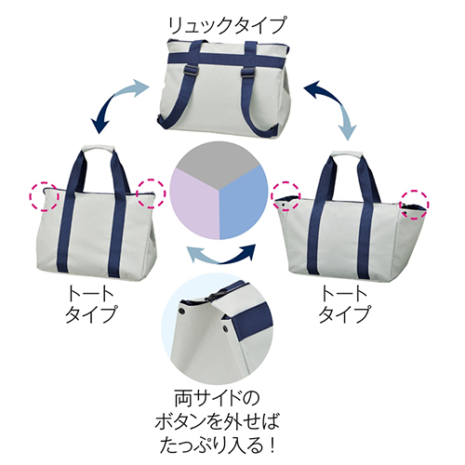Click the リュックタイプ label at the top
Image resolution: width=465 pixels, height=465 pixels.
pos(226,25)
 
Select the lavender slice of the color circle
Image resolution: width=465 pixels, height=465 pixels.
pos(195,207)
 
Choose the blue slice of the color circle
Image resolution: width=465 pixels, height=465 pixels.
pos(244,207)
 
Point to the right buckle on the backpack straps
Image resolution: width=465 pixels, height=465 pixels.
pos(247,73)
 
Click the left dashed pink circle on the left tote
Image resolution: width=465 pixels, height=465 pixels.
pos(44,197)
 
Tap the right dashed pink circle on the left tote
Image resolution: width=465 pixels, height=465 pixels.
pos(152,193)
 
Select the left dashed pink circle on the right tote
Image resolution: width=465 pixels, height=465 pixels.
pos(286,197)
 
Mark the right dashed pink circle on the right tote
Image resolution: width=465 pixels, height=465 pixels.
pos(415,205)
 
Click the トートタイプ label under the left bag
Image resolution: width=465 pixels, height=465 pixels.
pos(91,304)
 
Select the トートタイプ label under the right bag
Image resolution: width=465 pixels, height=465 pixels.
pos(344,304)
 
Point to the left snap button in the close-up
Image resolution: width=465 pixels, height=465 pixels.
pos(183,311)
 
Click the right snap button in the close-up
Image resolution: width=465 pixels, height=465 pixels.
pos(225,327)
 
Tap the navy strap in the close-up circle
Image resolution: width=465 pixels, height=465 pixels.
pos(252,322)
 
